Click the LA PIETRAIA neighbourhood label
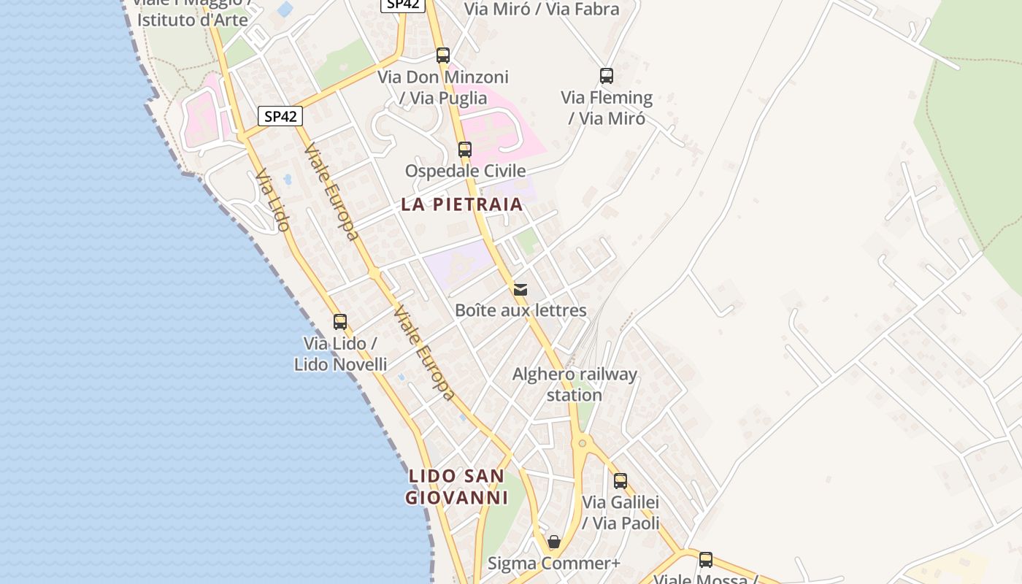462,204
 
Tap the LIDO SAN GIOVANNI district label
456,487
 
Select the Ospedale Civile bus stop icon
465,150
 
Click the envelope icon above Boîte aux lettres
520,290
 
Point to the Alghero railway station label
575,385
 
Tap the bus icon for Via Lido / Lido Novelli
340,322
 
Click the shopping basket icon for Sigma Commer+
554,542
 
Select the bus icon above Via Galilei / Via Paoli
620,481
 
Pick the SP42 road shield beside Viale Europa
280,117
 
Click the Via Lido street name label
272,200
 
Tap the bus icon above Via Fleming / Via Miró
607,76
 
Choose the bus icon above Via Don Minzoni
443,55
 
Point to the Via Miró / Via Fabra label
542,9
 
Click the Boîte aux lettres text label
520,310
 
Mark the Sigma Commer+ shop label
553,564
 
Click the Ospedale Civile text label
465,171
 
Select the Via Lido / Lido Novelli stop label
340,353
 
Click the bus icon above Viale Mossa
706,560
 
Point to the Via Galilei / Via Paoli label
620,512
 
